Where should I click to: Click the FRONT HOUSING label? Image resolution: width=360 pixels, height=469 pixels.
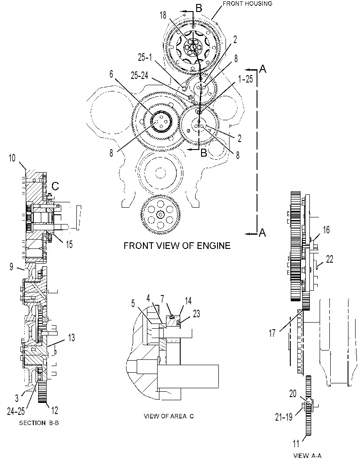click(248, 4)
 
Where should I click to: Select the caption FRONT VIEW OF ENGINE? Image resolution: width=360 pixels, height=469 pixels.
click(177, 246)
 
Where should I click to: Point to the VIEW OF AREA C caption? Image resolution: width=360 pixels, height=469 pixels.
click(169, 416)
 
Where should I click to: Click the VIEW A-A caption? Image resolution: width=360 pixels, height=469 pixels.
click(307, 456)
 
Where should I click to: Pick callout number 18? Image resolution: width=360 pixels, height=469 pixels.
click(163, 15)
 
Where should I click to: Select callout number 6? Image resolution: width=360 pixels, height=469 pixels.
click(111, 74)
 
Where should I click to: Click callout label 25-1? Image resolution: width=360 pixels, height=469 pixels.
click(145, 57)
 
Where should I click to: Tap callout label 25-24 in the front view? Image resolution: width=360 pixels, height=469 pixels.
click(139, 76)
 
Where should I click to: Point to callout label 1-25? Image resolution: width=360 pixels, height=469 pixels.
click(245, 79)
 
